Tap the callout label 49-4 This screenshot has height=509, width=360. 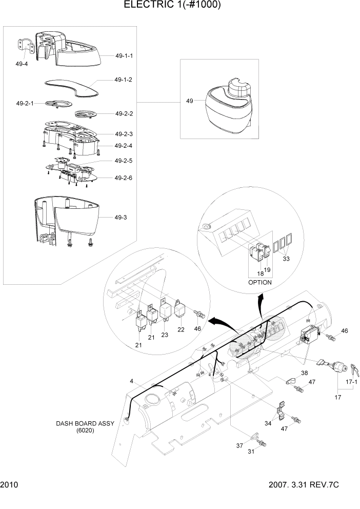(22, 64)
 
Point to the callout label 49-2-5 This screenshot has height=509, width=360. (124, 161)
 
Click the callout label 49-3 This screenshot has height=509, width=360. (121, 218)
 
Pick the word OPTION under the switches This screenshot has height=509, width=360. (260, 282)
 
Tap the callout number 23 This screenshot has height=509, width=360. (165, 334)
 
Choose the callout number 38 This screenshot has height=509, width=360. (304, 373)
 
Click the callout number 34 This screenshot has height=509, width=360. (268, 423)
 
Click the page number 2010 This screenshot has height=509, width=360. (9, 499)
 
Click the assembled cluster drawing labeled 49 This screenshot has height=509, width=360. (229, 106)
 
